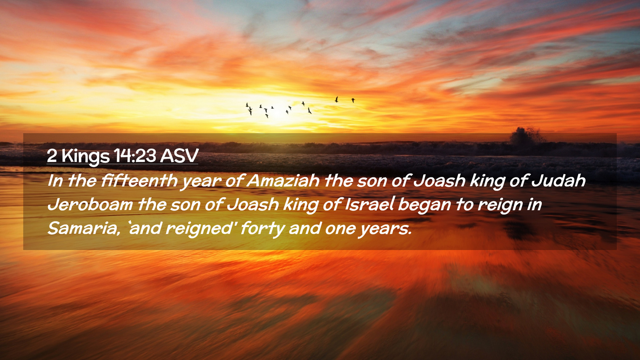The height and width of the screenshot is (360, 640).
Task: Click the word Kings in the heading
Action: pyautogui.click(x=86, y=156)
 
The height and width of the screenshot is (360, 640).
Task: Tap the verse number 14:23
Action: pyautogui.click(x=135, y=155)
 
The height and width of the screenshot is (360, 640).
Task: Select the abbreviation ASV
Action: pyautogui.click(x=179, y=155)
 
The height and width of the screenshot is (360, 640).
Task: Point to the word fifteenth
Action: pyautogui.click(x=139, y=180)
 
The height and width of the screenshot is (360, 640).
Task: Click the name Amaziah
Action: pyautogui.click(x=283, y=180)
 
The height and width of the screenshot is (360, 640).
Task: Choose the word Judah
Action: pyautogui.click(x=558, y=180)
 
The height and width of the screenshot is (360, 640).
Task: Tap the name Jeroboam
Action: pyautogui.click(x=90, y=204)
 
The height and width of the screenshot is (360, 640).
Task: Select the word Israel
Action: pyautogui.click(x=369, y=204)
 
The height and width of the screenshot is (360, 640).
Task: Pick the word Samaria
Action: pyautogui.click(x=84, y=228)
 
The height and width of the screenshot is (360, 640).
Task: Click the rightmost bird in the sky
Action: pyautogui.click(x=353, y=100)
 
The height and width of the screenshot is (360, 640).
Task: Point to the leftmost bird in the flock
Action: pyautogui.click(x=247, y=105)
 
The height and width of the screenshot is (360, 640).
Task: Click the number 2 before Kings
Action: pyautogui.click(x=52, y=156)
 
